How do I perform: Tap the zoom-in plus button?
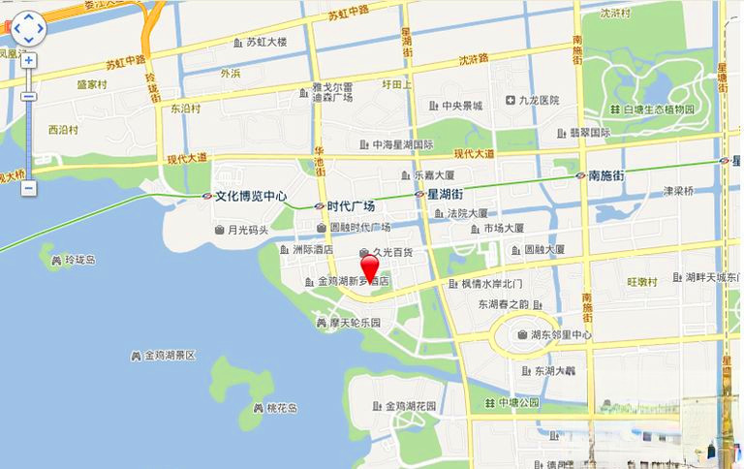tap(28, 60)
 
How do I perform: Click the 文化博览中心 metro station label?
tap(250, 195)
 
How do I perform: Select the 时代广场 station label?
tap(351, 205)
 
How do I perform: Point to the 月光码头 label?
tap(247, 230)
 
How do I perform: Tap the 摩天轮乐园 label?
tap(354, 322)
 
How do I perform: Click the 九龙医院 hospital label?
tap(539, 100)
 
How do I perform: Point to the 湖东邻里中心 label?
tap(561, 335)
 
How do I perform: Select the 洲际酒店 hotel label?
tap(312, 249)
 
